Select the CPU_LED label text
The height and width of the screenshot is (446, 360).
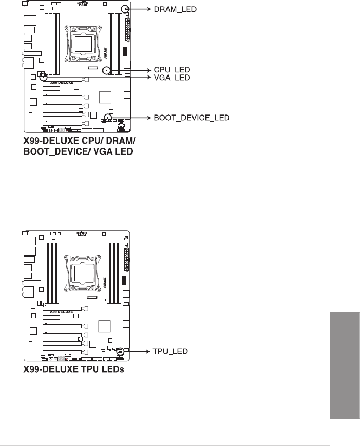pos(168,69)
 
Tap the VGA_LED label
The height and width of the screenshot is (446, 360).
pos(168,77)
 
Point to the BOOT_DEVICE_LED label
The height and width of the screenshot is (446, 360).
pos(191,118)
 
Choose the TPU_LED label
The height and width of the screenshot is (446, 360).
pos(168,352)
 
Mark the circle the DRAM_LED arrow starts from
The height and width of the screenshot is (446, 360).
pos(125,9)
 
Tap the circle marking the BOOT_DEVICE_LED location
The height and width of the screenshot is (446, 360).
pos(108,117)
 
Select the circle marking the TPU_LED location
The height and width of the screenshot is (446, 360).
pos(121,352)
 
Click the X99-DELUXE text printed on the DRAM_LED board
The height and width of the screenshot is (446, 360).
pos(61,82)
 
